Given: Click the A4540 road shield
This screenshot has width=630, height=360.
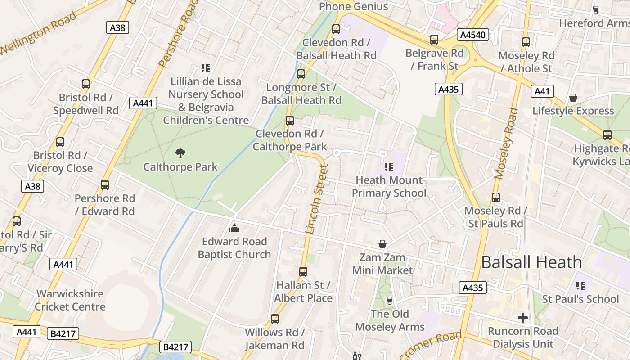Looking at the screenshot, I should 472,35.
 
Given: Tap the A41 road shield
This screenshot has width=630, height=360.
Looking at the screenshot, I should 542,91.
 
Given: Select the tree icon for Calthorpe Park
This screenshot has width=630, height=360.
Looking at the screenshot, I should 180,153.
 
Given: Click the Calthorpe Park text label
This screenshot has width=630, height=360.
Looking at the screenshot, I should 180,167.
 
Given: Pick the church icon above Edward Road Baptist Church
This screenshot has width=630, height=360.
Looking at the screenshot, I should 234,229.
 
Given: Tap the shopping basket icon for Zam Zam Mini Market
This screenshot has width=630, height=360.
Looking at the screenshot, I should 382,244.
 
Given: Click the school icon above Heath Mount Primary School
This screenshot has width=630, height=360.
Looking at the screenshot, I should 389,167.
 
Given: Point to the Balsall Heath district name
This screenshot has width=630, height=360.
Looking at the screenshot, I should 531,262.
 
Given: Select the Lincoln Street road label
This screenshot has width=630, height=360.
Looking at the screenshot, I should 317,199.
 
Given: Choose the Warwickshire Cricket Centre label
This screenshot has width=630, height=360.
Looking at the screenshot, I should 70,300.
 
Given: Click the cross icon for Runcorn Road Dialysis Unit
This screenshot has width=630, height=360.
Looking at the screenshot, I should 522,318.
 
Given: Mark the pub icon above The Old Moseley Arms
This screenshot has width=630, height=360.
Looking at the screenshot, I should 390,301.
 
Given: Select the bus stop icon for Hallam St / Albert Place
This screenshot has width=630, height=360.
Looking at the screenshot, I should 303,272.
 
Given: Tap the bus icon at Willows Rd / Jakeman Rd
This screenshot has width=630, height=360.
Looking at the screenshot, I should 275,319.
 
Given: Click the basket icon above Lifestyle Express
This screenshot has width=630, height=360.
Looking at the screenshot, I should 573,98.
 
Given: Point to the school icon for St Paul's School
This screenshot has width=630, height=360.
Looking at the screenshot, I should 580,286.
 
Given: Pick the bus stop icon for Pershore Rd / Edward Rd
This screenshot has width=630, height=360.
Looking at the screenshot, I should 105,185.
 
